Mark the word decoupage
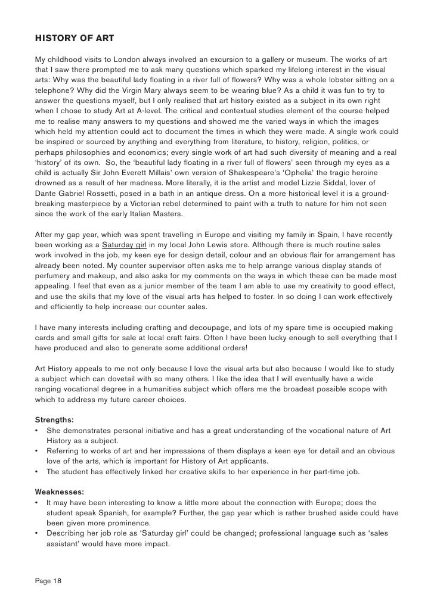coord(187,328)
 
